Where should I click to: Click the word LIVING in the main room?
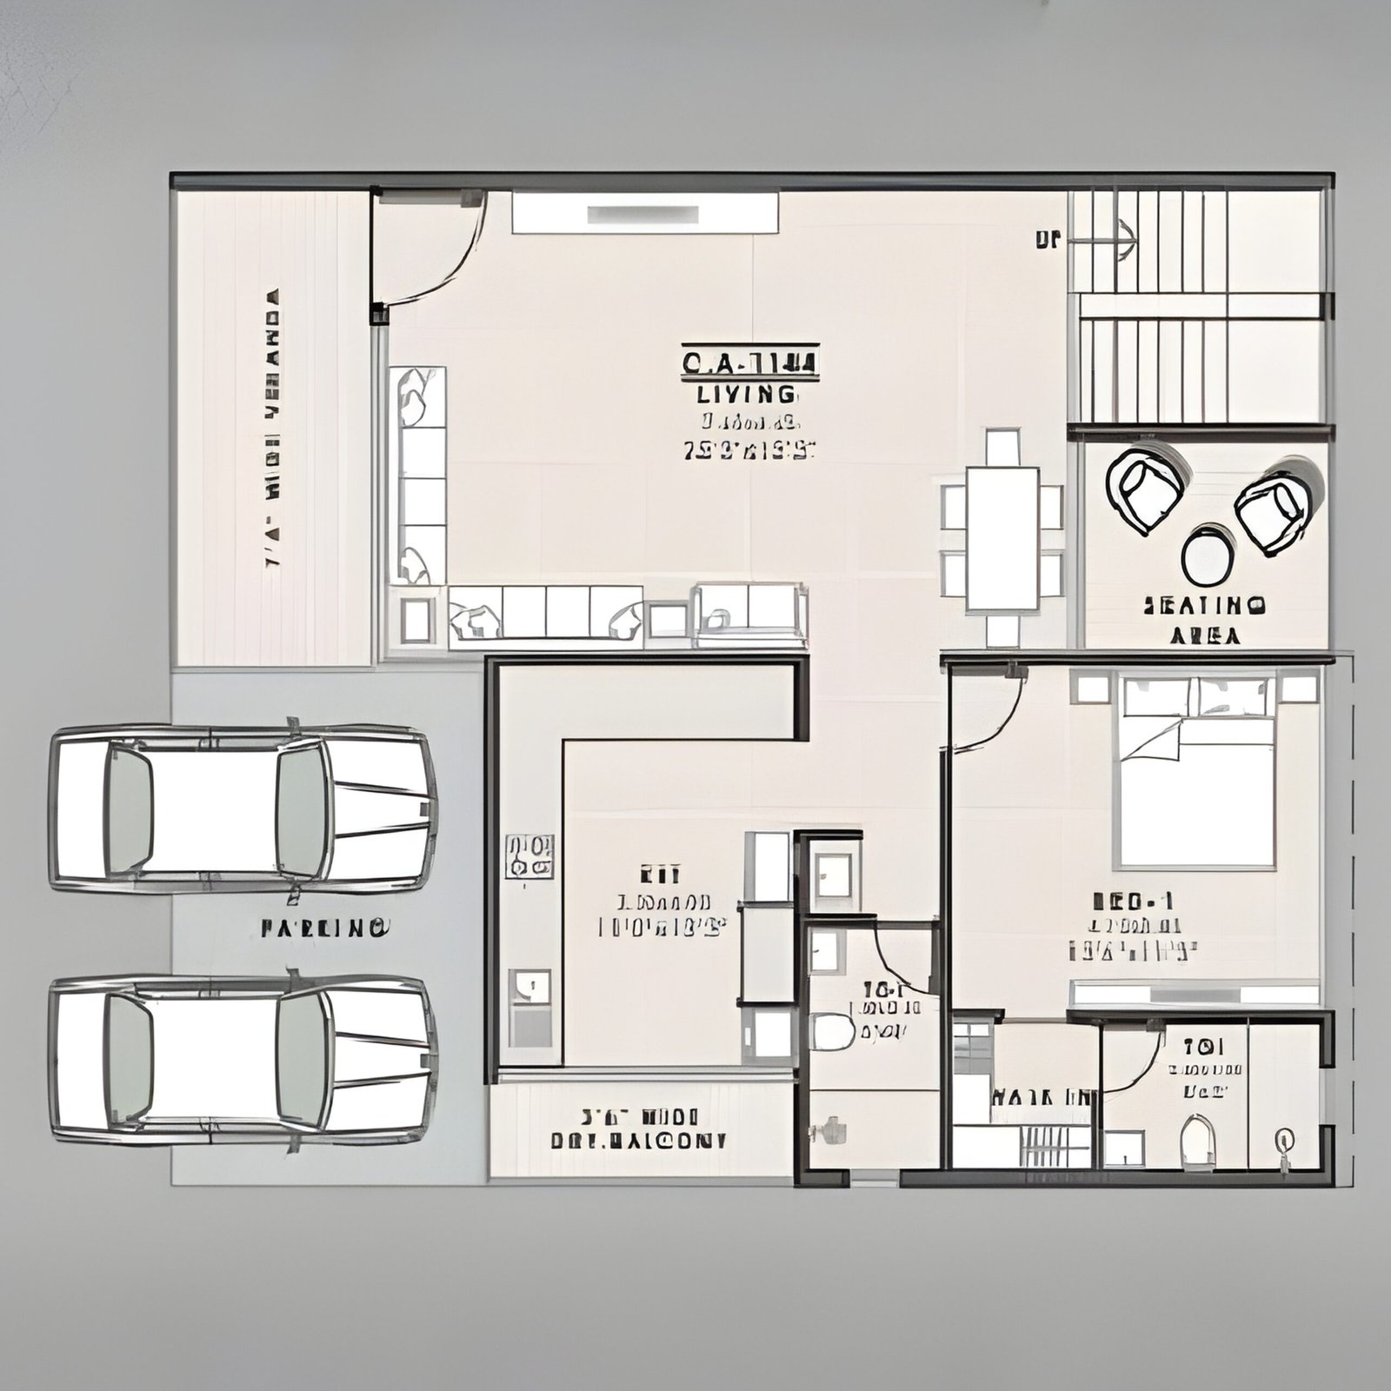(x=747, y=394)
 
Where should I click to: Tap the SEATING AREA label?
(x=1204, y=619)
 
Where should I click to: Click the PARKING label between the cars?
(x=324, y=928)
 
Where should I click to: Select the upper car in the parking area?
(x=243, y=808)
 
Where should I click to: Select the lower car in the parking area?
(x=243, y=1058)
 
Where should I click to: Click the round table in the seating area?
(x=1208, y=556)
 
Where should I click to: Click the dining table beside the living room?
(x=1002, y=539)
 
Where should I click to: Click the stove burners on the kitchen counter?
(x=529, y=856)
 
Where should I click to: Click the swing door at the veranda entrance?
(x=426, y=252)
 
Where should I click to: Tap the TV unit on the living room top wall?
(x=644, y=213)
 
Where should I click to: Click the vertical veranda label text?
(x=272, y=430)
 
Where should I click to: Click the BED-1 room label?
(x=1131, y=900)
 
